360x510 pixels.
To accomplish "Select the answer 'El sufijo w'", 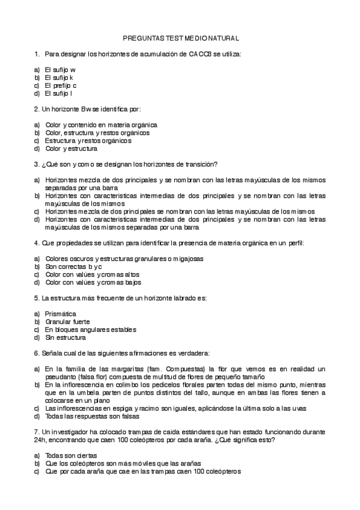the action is click(60, 70).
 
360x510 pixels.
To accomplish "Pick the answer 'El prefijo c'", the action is click(61, 85).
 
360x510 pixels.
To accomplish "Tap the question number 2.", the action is click(37, 109).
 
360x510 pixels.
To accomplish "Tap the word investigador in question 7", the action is click(72, 432).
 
